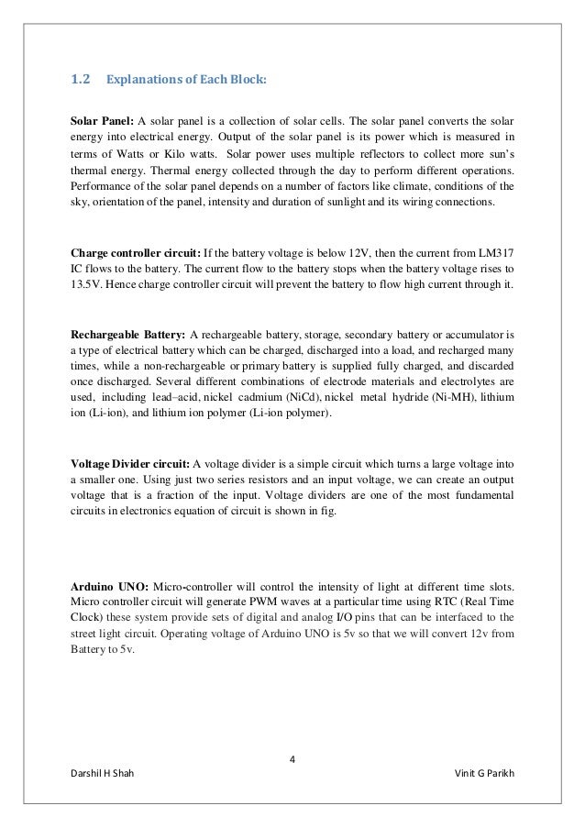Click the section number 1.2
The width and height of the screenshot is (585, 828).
click(x=80, y=80)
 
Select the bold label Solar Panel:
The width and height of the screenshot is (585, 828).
click(x=102, y=122)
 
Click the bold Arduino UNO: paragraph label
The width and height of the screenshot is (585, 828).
click(x=108, y=586)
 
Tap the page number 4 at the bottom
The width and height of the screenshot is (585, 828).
click(x=292, y=757)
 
